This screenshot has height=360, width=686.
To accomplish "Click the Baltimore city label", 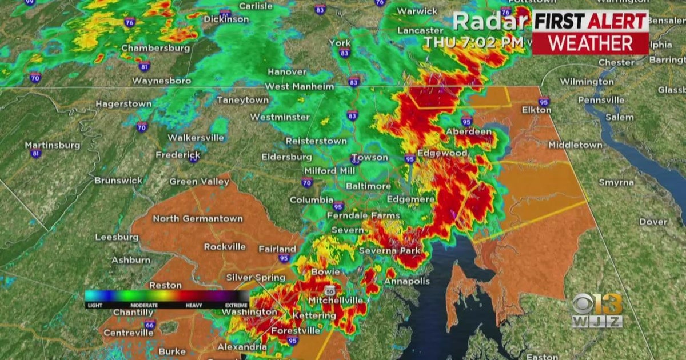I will pos(368,186).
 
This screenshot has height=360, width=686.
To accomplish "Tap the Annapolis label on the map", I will pos(406,281).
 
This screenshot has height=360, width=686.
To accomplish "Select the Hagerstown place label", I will pos(123,104).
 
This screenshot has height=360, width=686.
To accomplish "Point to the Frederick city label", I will pos(178,155).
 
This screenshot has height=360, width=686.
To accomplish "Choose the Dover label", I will pos(653,222).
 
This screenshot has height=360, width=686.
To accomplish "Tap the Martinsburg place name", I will pos(53,145).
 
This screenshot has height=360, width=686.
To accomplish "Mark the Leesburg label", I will pos(117,237).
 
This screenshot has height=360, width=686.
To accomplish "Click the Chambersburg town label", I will pos(155,48).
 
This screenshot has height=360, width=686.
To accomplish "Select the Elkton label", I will pos(536,110).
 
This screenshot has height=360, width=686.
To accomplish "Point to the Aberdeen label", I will pos(469,131).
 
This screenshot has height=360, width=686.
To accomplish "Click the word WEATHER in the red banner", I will pos(591,43).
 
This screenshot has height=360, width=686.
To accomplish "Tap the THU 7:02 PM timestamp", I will pos(473,42).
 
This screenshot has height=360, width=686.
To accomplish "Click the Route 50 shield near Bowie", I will pos(330,290).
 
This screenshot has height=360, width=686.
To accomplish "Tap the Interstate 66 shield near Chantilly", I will pos(149,325).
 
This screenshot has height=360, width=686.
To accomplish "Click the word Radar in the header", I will pos(490,22).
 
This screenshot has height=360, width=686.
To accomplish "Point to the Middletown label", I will pos(575,145).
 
